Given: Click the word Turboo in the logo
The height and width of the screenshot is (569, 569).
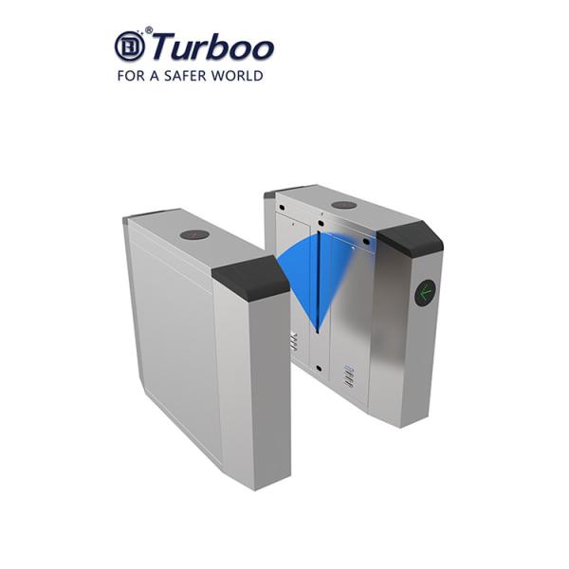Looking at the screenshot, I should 212,46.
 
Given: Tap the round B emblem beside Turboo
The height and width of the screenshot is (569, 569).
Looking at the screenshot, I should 129,46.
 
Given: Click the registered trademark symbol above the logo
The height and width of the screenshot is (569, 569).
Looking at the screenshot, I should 148,29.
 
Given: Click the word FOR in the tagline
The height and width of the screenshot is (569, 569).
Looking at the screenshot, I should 129,75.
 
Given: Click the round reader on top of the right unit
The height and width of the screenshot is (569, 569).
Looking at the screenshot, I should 344,205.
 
